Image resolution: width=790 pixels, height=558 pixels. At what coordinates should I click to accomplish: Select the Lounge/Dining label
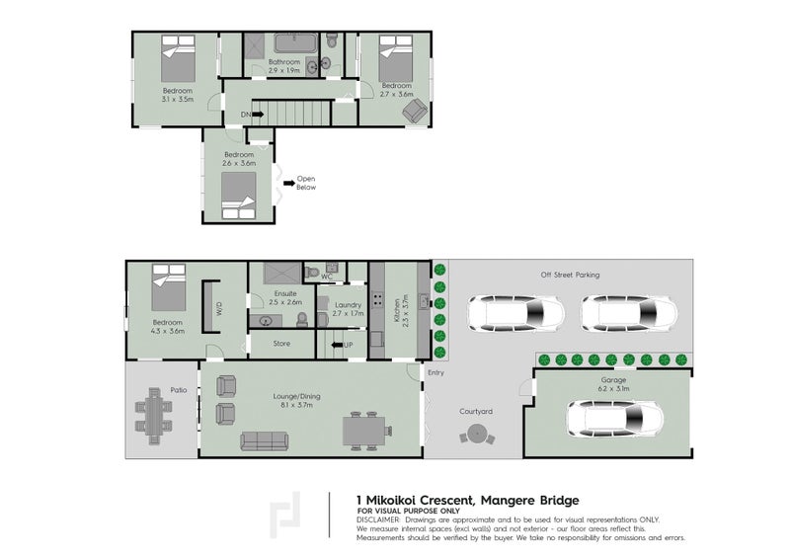pyautogui.click(x=296, y=397)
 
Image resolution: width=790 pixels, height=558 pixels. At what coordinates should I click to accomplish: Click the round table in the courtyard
pyautogui.click(x=476, y=434)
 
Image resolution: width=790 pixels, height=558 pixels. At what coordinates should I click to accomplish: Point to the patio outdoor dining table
pyautogui.click(x=154, y=414)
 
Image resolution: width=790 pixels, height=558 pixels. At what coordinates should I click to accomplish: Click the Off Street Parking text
pyautogui.click(x=569, y=276)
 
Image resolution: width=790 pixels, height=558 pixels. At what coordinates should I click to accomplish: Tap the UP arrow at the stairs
pyautogui.click(x=347, y=345)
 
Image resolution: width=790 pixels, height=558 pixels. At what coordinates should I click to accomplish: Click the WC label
pyautogui.click(x=326, y=278)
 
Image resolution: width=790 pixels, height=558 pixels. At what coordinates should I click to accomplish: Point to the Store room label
pyautogui.click(x=279, y=344)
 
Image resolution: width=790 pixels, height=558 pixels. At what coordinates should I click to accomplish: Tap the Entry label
pyautogui.click(x=435, y=372)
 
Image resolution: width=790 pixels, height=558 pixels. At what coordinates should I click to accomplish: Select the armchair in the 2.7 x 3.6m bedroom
pyautogui.click(x=412, y=110)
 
